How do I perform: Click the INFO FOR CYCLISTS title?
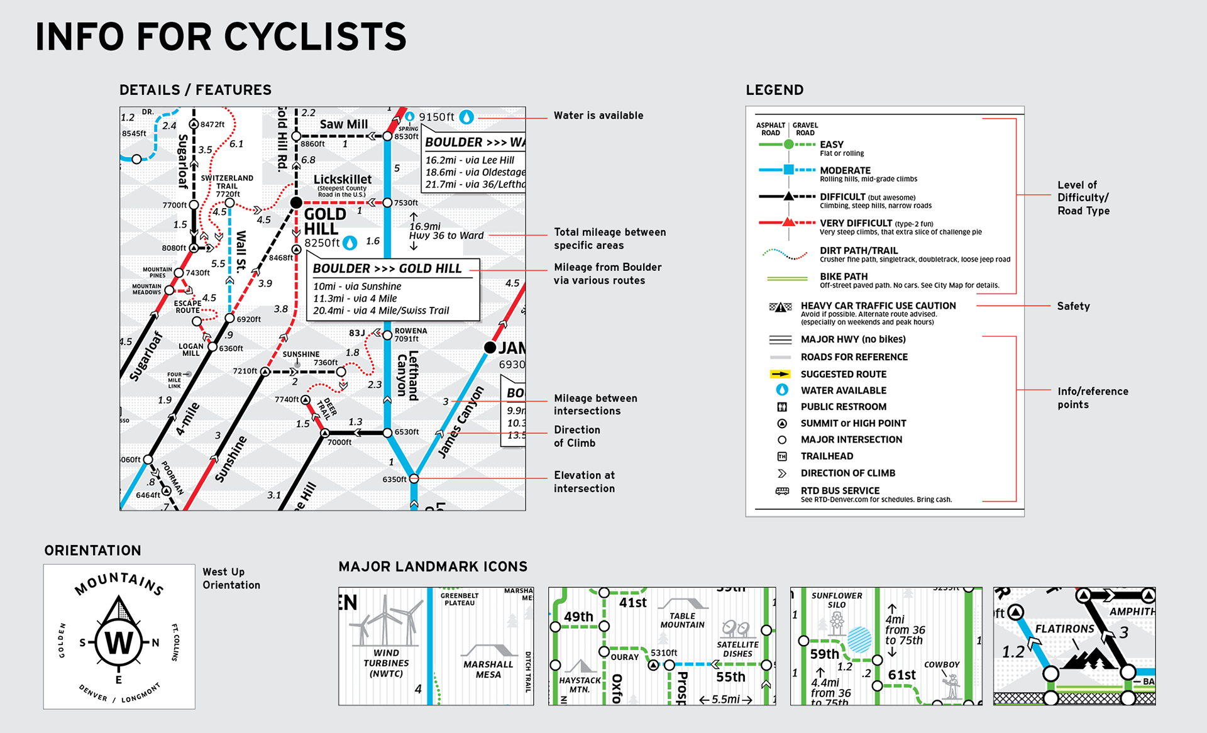click(x=221, y=37)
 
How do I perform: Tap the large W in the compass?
click(x=119, y=642)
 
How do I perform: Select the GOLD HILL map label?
click(x=325, y=221)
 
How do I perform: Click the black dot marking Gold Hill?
click(x=296, y=202)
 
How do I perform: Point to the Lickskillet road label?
click(x=343, y=180)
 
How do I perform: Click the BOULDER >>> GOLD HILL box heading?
click(x=387, y=268)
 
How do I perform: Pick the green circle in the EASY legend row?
click(x=788, y=145)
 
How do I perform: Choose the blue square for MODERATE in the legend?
click(x=788, y=170)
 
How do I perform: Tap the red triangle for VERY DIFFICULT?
click(x=788, y=222)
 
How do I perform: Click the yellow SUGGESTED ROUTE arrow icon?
click(x=780, y=374)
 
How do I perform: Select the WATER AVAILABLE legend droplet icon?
click(x=782, y=390)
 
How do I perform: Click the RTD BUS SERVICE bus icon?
click(x=782, y=491)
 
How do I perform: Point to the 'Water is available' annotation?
click(x=598, y=116)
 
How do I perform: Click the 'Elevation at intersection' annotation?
click(x=584, y=482)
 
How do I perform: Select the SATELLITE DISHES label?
click(x=737, y=649)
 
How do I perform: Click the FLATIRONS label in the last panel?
click(x=1064, y=629)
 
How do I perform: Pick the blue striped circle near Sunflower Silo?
click(x=859, y=640)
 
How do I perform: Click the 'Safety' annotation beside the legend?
click(x=1073, y=306)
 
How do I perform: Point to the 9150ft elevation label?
click(x=436, y=117)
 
